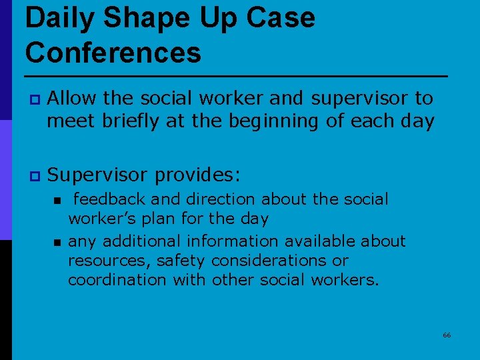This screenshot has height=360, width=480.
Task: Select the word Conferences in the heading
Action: (113, 52)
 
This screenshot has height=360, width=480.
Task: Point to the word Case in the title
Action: (279, 18)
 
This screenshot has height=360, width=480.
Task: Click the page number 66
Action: (447, 335)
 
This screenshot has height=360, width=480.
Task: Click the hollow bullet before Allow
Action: (33, 99)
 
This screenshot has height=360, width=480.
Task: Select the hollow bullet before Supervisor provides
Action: (33, 177)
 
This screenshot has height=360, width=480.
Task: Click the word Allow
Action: (73, 99)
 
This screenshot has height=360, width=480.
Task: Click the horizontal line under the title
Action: (237, 75)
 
